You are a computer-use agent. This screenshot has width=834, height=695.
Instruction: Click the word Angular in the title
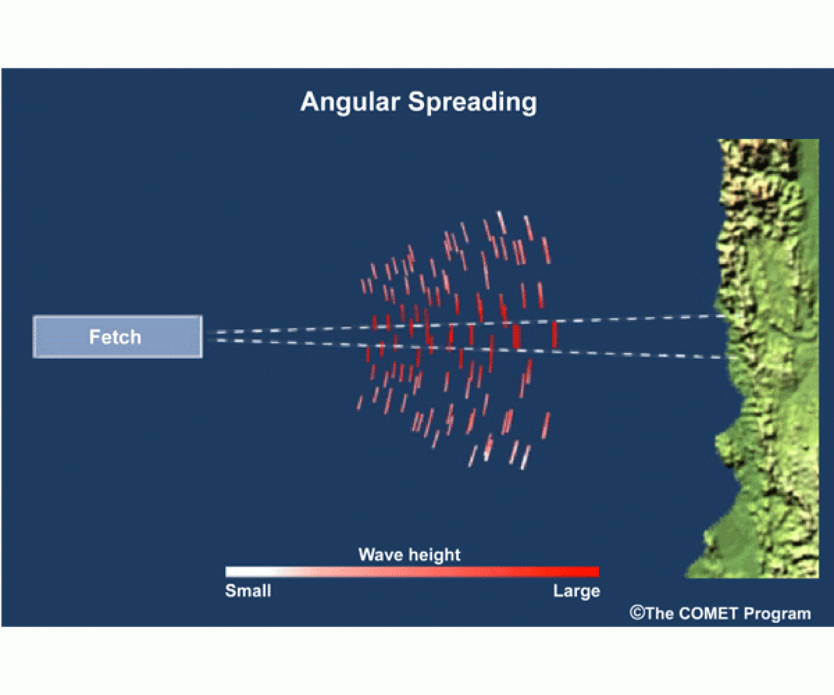pos(350,102)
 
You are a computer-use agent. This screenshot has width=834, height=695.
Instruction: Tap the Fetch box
pos(118,337)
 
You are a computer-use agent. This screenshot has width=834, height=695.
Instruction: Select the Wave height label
pos(409,554)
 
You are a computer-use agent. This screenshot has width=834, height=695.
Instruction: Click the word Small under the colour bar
pos(248,591)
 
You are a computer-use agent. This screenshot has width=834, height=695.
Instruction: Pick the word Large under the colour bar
pos(576,591)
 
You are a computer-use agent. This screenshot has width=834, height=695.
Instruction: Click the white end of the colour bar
pos(231,572)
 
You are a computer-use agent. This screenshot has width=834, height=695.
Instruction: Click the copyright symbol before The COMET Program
pos(637,613)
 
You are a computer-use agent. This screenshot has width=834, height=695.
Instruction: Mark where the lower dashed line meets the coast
pos(735,357)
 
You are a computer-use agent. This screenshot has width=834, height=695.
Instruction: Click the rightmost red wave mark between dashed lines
pos(555,334)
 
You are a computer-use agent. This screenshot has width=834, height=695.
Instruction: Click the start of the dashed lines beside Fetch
pos(210,336)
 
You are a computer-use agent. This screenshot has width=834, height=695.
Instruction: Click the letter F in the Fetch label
pos(95,337)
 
